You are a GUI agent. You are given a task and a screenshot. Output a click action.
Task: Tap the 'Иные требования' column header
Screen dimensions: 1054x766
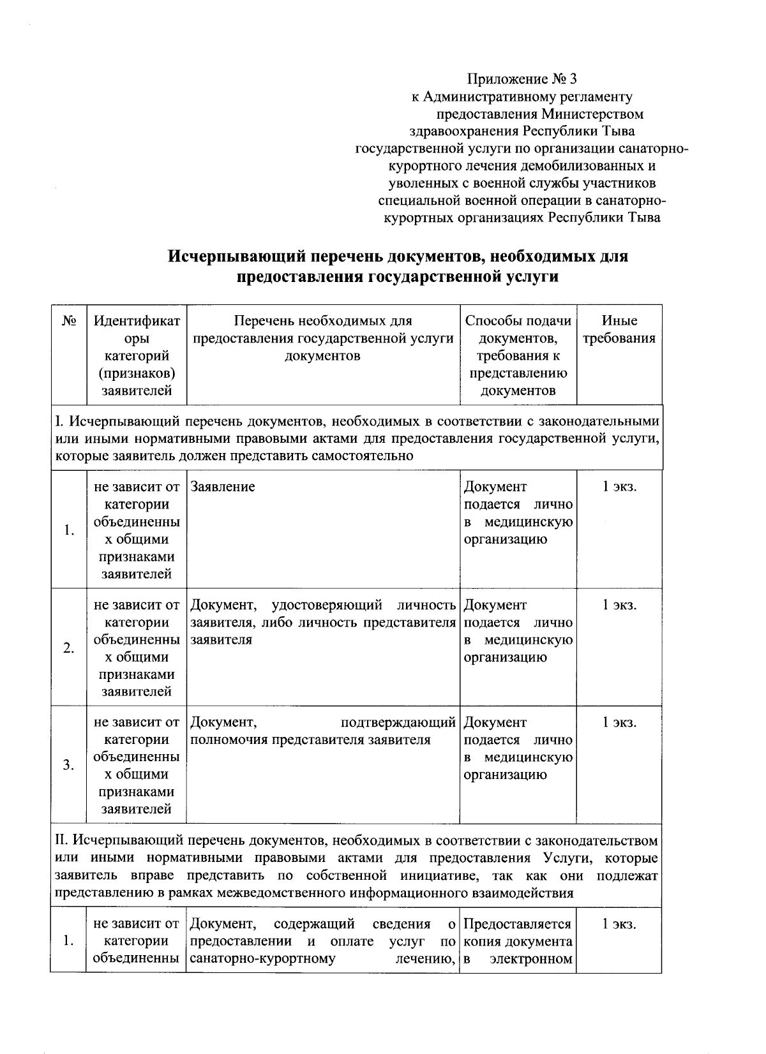(619, 329)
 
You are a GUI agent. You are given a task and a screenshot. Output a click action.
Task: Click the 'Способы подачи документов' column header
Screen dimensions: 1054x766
(518, 355)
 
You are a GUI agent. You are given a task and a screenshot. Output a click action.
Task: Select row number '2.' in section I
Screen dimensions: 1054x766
(68, 648)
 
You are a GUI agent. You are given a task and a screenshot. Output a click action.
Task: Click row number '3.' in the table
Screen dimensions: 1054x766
(68, 766)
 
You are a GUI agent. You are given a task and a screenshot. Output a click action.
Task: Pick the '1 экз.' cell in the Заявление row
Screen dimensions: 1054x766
(619, 487)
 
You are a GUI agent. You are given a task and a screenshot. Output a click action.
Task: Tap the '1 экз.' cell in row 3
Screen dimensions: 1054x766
(619, 722)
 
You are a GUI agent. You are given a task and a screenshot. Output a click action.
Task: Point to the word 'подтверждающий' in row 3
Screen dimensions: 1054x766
(399, 722)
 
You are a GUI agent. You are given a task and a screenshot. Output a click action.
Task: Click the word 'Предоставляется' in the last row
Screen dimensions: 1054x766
(517, 924)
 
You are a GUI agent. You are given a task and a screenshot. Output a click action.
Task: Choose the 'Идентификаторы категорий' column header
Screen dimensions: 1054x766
(137, 355)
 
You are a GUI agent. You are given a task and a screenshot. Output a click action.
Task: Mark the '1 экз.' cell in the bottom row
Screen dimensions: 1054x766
(619, 924)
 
